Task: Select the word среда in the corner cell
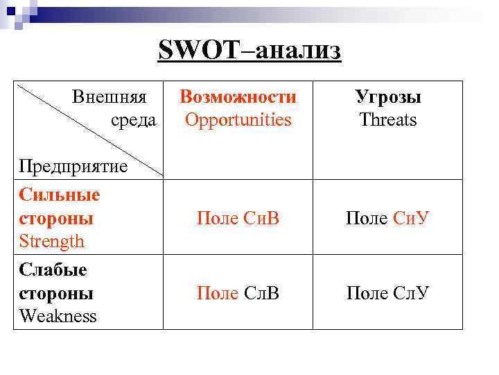(x=133, y=120)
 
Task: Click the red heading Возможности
(x=238, y=97)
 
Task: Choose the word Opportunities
(x=238, y=120)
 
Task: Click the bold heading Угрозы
(x=388, y=97)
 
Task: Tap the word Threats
(x=388, y=120)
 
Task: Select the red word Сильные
(x=60, y=194)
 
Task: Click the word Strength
(x=52, y=242)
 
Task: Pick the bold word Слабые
(x=53, y=269)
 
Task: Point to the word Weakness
(x=58, y=317)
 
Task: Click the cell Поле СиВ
(x=238, y=218)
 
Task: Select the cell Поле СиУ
(x=388, y=218)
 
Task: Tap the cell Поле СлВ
(x=238, y=293)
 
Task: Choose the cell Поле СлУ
(x=388, y=293)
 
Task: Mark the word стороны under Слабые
(x=57, y=293)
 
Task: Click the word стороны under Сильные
(x=57, y=218)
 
